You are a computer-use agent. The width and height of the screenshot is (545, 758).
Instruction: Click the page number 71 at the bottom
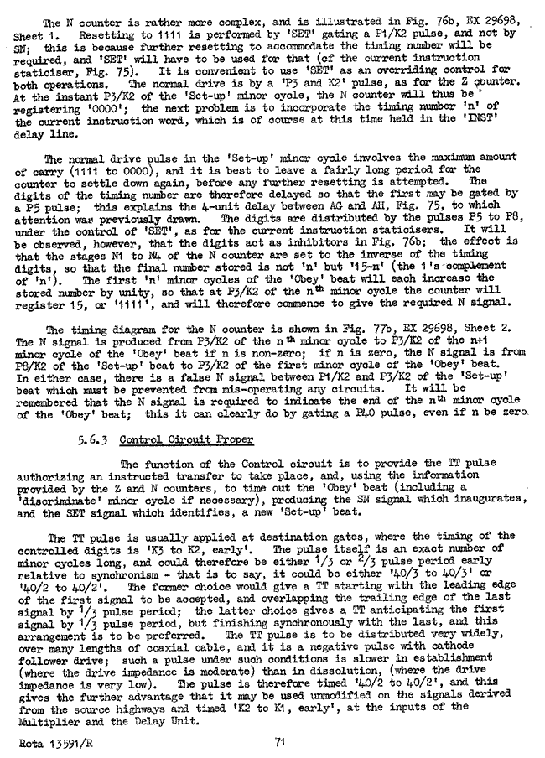point(282,740)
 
